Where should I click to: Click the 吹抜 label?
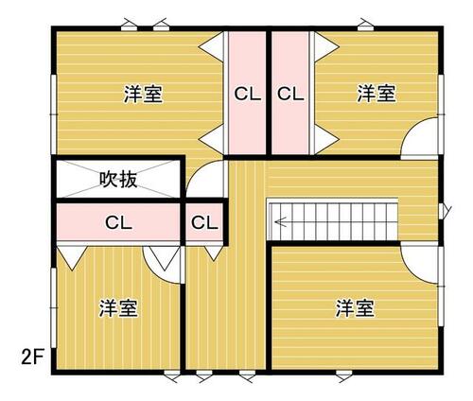click(118, 180)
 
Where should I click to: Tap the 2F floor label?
click(32, 357)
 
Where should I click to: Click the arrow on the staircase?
click(280, 221)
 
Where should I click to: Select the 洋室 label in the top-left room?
click(143, 94)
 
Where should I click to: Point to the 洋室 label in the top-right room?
click(376, 94)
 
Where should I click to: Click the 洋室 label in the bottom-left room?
click(118, 308)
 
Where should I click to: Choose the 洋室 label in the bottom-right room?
click(355, 308)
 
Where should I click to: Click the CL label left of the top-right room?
click(290, 94)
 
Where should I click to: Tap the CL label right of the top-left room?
click(248, 94)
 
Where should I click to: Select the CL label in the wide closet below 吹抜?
click(118, 223)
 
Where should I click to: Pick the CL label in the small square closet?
click(204, 223)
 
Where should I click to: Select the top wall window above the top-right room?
click(366, 25)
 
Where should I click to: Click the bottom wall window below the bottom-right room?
click(344, 376)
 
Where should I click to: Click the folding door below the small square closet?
click(214, 253)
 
